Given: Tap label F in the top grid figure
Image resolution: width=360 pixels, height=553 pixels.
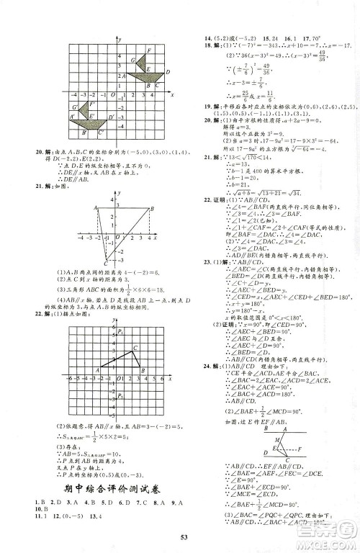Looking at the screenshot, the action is (148, 49).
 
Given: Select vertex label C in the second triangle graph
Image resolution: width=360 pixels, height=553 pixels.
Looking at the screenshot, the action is (107, 264).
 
